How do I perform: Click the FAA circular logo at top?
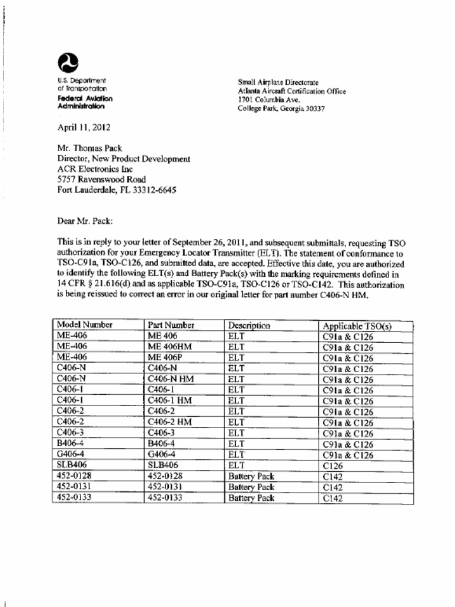click(x=68, y=62)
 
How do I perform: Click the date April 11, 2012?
click(x=84, y=127)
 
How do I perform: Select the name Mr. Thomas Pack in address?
click(x=89, y=148)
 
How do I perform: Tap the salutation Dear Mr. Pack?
click(x=85, y=221)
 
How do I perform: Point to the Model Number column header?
click(x=85, y=325)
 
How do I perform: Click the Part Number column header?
click(x=171, y=325)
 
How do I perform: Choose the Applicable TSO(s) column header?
click(x=357, y=326)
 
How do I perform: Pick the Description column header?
click(x=249, y=325)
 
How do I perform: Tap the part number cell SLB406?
click(x=163, y=465)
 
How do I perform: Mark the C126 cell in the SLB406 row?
click(x=333, y=466)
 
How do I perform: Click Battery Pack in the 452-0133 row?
click(x=251, y=498)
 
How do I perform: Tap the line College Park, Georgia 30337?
click(x=281, y=109)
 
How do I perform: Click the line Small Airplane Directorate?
click(x=278, y=82)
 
